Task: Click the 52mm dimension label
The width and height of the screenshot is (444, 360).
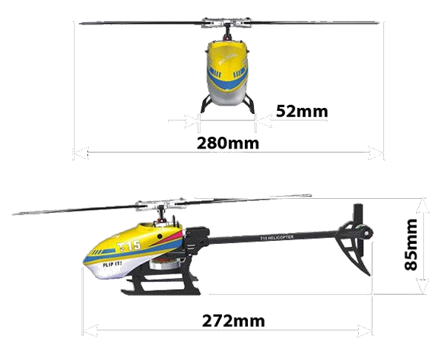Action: point(301,111)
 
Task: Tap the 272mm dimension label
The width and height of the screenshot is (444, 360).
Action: point(233,322)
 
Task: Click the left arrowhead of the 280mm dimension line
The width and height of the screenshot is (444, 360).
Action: point(76,154)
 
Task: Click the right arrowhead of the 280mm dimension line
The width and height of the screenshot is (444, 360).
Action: point(380,154)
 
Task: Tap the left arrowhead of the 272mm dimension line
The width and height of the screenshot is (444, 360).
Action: point(87,330)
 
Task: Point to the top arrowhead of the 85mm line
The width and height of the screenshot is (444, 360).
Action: point(423,201)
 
